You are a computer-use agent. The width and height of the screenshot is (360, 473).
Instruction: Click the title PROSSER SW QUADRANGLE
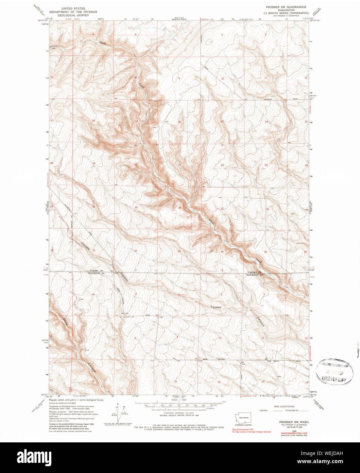(x=286, y=7)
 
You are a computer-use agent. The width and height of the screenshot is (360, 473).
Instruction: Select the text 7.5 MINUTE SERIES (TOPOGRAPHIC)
(x=286, y=13)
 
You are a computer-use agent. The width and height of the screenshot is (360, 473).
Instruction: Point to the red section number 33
(x=179, y=251)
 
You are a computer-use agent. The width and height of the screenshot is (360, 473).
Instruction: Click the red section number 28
(x=179, y=208)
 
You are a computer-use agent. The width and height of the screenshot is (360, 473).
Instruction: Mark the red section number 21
(x=179, y=165)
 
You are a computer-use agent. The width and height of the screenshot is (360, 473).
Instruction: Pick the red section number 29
(x=136, y=207)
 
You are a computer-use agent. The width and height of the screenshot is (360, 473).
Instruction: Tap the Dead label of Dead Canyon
(x=65, y=322)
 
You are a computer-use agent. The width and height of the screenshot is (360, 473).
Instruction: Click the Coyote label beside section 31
(x=85, y=246)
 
